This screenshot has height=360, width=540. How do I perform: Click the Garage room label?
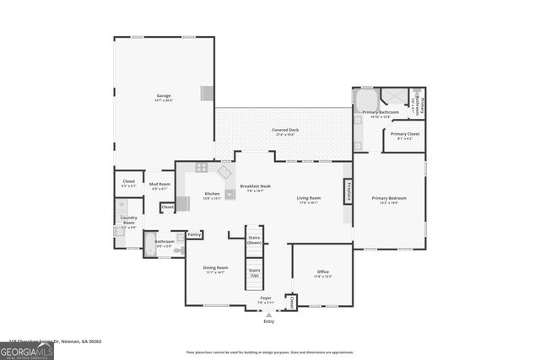[164, 98]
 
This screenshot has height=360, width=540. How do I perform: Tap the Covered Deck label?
[284, 131]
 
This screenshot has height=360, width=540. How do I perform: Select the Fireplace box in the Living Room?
[347, 190]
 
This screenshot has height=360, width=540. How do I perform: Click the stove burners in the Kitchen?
[201, 168]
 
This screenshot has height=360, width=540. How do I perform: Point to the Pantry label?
[194, 234]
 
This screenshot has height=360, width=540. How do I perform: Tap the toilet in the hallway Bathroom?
[178, 250]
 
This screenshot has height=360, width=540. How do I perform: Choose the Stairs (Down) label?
[254, 239]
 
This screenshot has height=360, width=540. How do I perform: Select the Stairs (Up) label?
[254, 274]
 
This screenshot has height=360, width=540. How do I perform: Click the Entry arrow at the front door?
[268, 314]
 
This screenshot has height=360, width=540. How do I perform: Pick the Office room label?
[322, 272]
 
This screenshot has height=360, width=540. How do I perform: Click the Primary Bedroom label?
[389, 199]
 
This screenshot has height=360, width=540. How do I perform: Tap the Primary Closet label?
[405, 135]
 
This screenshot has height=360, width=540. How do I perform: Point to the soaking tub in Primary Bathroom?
[366, 99]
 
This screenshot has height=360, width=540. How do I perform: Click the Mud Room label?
[159, 185]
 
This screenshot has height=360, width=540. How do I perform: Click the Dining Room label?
[215, 269]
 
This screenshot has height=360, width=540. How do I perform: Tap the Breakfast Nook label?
[255, 188]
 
